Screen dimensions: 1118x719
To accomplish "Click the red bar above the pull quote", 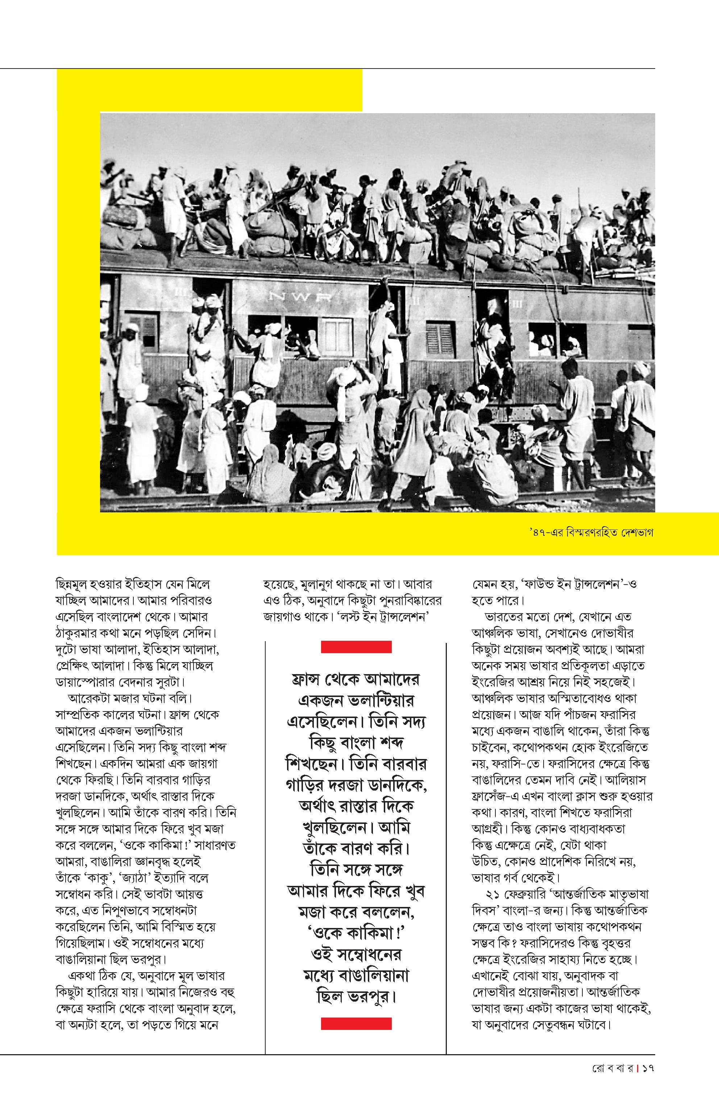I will [x=356, y=647].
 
